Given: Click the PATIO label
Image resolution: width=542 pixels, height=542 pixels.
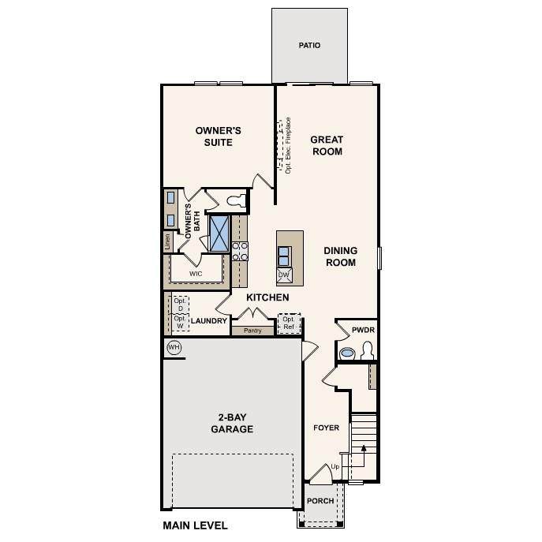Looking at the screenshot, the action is pos(309,45).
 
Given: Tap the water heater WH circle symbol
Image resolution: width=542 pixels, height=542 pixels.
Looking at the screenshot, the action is pos(174,347).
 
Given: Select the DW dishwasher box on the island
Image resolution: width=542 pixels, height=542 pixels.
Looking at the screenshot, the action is pos(284,275).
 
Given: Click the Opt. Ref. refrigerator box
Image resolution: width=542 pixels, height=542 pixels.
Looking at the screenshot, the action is pos(289,323).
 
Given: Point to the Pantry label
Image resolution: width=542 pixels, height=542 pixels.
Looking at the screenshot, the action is pos(252,331).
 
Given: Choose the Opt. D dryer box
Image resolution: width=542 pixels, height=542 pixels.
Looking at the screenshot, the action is pos(181,305).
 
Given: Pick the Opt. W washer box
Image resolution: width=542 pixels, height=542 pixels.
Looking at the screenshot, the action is pos(181,323).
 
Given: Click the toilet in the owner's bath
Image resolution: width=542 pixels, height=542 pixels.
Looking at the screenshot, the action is pos(237,200).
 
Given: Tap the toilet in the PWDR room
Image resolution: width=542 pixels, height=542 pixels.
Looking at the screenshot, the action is pos(367,351).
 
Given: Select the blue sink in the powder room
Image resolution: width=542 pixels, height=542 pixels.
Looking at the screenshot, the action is pos(347,353).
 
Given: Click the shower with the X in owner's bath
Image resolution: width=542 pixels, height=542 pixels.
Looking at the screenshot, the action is pos(219,234).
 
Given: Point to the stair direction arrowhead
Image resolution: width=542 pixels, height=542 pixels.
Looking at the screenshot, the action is pos(364,448).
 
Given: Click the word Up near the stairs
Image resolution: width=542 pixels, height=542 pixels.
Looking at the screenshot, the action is pos(335,467).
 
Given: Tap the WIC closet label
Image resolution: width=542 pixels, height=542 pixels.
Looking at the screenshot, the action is pos(196,274).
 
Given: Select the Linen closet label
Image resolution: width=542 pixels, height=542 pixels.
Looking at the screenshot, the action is pos(167,241).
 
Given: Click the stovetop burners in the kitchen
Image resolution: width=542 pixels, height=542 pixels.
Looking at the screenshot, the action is pos(240,252).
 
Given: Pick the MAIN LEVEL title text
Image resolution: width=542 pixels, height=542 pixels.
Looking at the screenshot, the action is pos(196,525).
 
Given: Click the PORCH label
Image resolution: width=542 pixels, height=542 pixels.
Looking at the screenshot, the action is pos(320,501).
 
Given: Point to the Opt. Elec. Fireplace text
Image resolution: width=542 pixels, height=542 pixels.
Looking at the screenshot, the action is pos(288,145).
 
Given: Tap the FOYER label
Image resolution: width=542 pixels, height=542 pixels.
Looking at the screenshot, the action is pos(327,428).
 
